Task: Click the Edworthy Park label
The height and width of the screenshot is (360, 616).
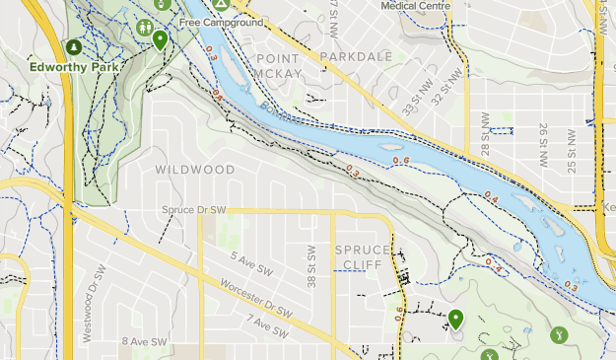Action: (75, 67)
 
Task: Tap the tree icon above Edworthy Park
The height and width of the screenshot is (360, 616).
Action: (73, 46)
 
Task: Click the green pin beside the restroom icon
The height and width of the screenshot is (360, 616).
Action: (160, 40)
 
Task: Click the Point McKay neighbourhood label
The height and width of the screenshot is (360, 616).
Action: (276, 66)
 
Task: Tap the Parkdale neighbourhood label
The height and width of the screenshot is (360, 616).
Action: (356, 57)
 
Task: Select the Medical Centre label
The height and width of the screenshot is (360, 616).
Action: (416, 5)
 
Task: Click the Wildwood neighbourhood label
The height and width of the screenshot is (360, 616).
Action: (194, 170)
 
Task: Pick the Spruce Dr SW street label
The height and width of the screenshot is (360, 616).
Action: (195, 210)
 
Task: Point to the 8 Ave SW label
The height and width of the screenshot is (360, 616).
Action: (145, 341)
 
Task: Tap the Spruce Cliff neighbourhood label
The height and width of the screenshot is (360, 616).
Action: (364, 256)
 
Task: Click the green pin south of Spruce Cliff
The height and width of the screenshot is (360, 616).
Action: (455, 319)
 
